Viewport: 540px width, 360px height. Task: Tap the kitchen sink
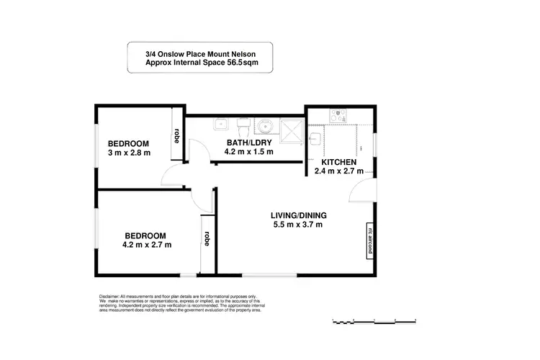pyautogui.click(x=315, y=136)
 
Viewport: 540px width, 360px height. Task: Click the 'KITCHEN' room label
pyautogui.click(x=338, y=161)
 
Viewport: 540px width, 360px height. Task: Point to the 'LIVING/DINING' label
pyautogui.click(x=299, y=215)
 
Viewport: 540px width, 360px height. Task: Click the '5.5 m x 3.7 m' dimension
pyautogui.click(x=299, y=225)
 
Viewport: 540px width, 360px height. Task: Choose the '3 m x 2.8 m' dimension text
pyautogui.click(x=129, y=153)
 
